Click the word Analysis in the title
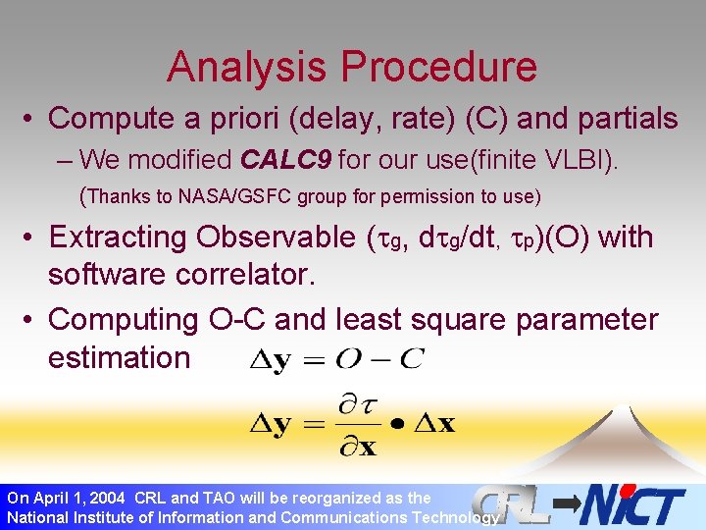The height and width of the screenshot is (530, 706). (248, 67)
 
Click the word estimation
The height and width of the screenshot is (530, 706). (119, 357)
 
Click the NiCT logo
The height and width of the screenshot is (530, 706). (632, 504)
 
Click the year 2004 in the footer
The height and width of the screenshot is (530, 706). (107, 498)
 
